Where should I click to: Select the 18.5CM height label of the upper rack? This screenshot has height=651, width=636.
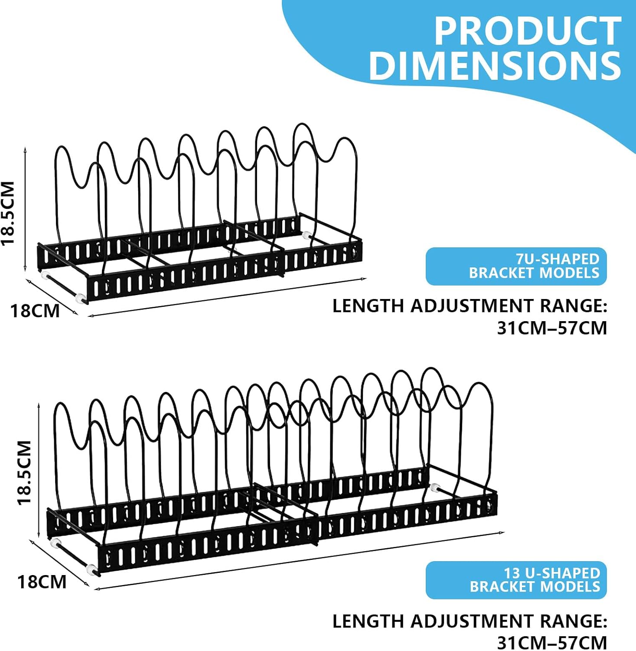tap(9, 213)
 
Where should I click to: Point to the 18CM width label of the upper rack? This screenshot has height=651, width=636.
tap(35, 311)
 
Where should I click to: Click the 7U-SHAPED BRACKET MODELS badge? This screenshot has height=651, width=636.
tap(516, 266)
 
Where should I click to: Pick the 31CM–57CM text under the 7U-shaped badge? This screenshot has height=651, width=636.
tap(552, 328)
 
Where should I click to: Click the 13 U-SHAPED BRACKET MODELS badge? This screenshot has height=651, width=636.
tap(516, 580)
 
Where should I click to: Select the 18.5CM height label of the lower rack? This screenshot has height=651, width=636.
tap(24, 473)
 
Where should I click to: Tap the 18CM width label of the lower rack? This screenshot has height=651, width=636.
tap(42, 582)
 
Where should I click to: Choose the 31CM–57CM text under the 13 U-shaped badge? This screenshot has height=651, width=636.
tap(552, 642)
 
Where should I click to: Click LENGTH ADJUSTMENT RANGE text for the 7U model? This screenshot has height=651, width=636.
tap(470, 306)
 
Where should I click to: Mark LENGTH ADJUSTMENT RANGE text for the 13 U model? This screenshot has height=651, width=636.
tap(470, 621)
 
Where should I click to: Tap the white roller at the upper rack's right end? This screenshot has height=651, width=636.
tap(307, 236)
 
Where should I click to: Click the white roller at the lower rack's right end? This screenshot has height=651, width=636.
tap(435, 487)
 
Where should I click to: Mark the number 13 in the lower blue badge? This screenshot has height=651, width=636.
tap(512, 573)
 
